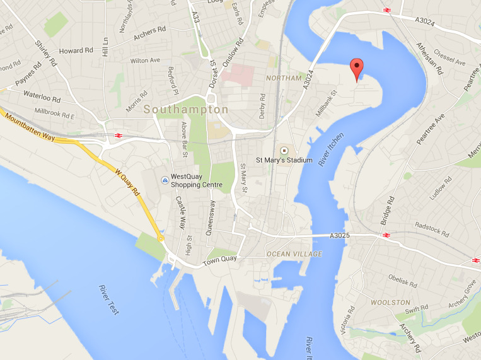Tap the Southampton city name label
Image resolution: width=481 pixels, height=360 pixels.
(186, 110)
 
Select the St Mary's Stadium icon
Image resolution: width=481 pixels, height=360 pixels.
(284, 151)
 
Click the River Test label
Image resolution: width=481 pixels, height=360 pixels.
(108, 299)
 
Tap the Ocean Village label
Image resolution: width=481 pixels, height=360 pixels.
(294, 254)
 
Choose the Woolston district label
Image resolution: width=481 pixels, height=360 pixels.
(391, 303)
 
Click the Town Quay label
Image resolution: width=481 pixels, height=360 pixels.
(219, 259)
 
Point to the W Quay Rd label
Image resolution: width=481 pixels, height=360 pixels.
(127, 181)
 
